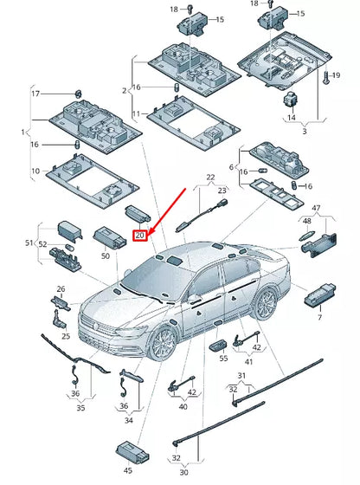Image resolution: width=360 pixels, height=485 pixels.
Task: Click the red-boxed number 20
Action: (140, 236)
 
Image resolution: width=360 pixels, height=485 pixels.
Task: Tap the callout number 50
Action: (106, 256)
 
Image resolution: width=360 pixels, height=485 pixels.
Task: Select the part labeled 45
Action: (132, 450)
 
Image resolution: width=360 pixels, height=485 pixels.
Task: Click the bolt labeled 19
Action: (326, 77)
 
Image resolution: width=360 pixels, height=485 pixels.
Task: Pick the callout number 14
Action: (292, 118)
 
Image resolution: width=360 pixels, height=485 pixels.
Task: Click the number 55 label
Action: (223, 359)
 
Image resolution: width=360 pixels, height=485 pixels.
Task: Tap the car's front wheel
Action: (163, 344)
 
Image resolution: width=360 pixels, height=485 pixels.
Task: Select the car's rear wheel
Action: (266, 304)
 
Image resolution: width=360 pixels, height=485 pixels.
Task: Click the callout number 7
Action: (319, 317)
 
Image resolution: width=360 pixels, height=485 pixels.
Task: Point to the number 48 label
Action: (307, 221)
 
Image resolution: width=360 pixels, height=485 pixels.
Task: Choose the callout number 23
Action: (222, 191)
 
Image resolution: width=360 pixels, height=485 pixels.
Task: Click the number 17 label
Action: (35, 94)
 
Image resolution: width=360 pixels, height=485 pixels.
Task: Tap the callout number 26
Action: (61, 289)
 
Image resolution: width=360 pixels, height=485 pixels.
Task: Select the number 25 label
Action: (66, 336)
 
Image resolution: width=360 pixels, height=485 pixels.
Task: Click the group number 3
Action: (305, 131)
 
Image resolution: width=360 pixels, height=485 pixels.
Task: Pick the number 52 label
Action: (42, 244)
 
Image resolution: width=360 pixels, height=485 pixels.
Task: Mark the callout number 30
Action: (183, 472)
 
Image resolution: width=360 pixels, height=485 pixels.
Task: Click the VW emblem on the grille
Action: (96, 326)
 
